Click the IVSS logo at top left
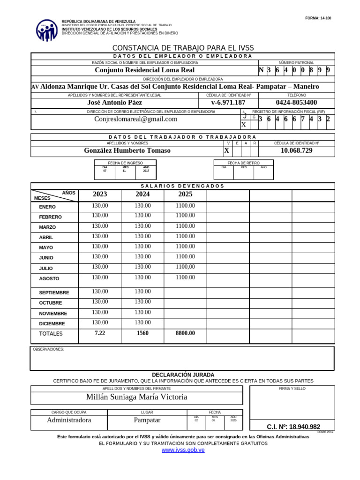click(x=47, y=30)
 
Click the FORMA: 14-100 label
click(x=318, y=18)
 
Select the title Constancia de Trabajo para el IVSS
click(x=183, y=48)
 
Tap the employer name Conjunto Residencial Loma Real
click(x=144, y=70)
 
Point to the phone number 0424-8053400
click(x=296, y=103)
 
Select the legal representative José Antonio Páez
click(x=115, y=103)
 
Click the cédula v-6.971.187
click(x=228, y=103)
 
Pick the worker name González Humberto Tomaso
click(x=127, y=150)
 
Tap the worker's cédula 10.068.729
click(x=296, y=150)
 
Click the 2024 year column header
click(x=142, y=194)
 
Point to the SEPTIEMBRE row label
click(x=54, y=292)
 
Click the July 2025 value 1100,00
click(x=185, y=267)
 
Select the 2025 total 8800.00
click(x=185, y=333)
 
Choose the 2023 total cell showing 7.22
click(x=100, y=333)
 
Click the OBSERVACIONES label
click(x=48, y=349)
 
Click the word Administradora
click(x=69, y=420)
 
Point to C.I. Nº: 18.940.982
click(x=293, y=427)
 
